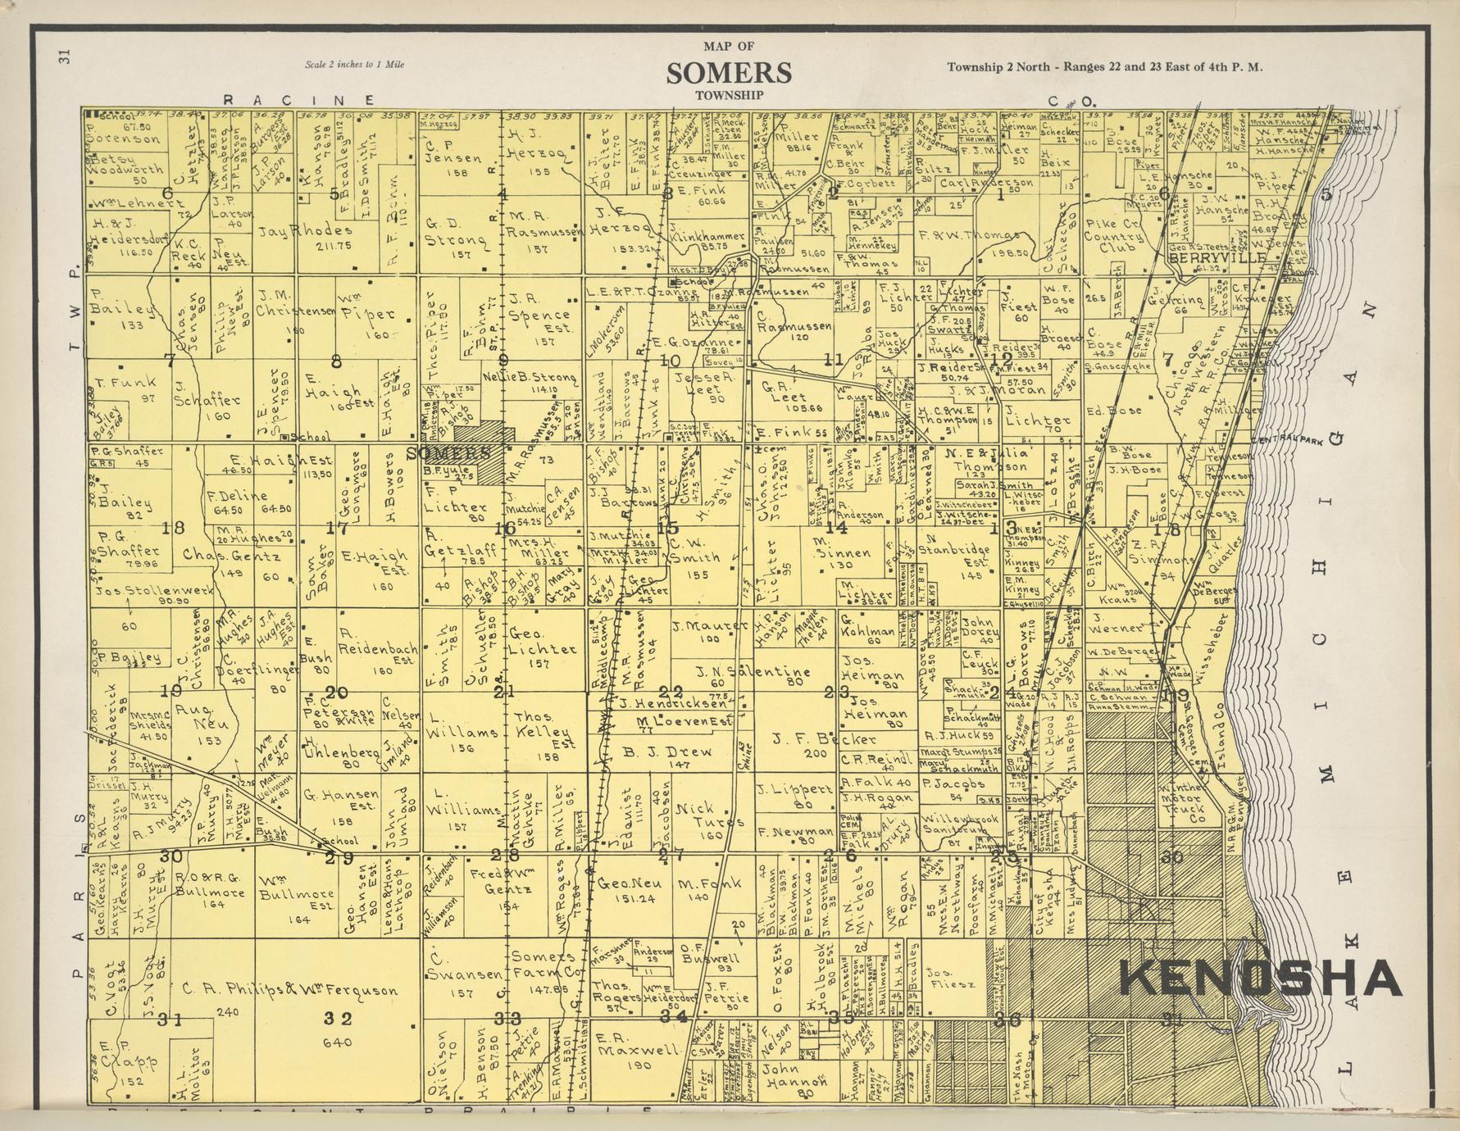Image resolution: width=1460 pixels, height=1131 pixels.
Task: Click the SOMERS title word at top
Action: (x=729, y=73)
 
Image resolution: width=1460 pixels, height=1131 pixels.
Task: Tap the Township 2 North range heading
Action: (x=1104, y=67)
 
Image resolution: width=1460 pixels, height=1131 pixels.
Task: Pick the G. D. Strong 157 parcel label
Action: (x=457, y=234)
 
